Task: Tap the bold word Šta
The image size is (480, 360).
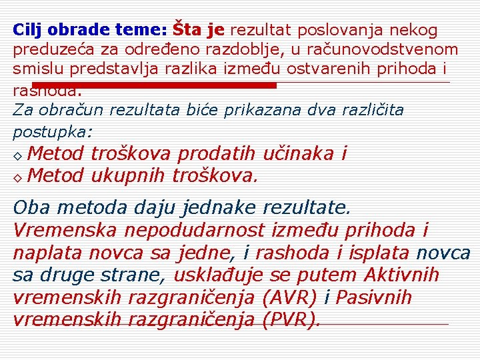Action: point(187,30)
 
